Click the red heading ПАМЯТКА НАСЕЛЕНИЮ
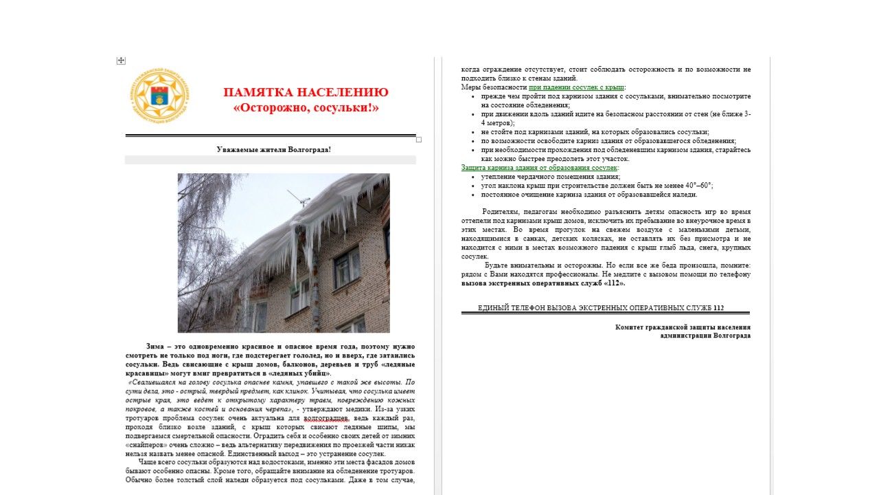click(306, 92)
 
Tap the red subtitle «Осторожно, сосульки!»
click(306, 108)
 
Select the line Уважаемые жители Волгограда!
click(273, 149)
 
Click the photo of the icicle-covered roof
click(283, 253)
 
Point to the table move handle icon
click(121, 60)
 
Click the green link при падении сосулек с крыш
click(576, 87)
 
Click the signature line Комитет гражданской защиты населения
click(683, 327)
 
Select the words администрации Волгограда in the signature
click(705, 335)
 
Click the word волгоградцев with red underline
click(326, 418)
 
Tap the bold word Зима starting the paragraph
click(157, 346)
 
